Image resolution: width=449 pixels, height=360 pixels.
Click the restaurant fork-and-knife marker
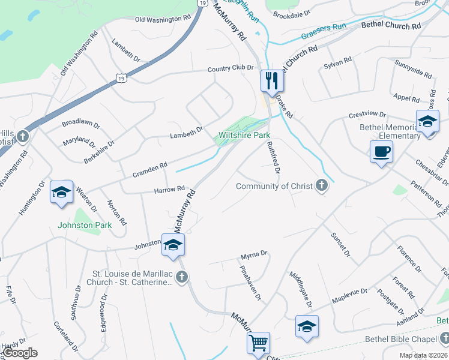[x=271, y=80]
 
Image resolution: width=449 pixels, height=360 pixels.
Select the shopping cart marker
[x=259, y=343]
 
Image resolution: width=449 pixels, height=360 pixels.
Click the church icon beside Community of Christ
[x=322, y=185]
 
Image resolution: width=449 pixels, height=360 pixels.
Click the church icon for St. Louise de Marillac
[x=182, y=277]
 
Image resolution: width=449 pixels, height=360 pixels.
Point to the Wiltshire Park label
[x=244, y=136]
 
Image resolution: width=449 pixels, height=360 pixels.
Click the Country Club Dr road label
[x=231, y=68]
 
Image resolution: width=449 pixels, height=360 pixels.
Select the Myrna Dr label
[x=253, y=255]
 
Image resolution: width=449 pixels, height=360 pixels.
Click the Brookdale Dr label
[x=291, y=12]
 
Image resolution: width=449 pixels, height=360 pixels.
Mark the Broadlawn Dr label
[x=81, y=121]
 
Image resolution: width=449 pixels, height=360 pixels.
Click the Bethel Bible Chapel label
[x=404, y=339]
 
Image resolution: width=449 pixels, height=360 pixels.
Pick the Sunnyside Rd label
[x=413, y=69]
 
